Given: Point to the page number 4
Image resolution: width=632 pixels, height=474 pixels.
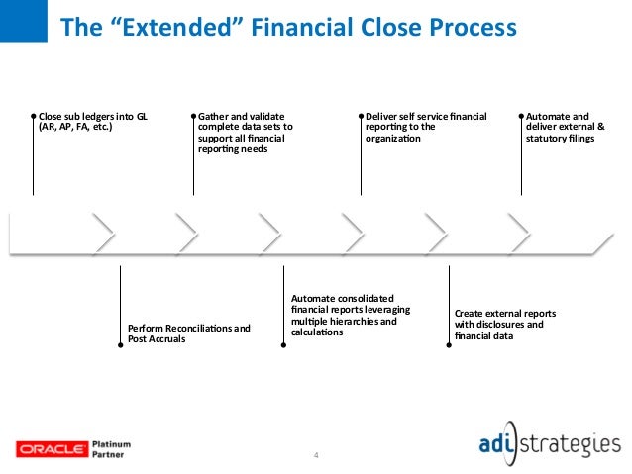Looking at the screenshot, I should point(315,455).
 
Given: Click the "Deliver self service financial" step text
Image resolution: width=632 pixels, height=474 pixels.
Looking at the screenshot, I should point(426,116).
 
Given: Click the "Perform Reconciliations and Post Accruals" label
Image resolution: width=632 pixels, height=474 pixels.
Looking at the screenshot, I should point(189,333).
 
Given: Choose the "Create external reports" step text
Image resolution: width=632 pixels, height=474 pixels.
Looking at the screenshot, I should point(505,314).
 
